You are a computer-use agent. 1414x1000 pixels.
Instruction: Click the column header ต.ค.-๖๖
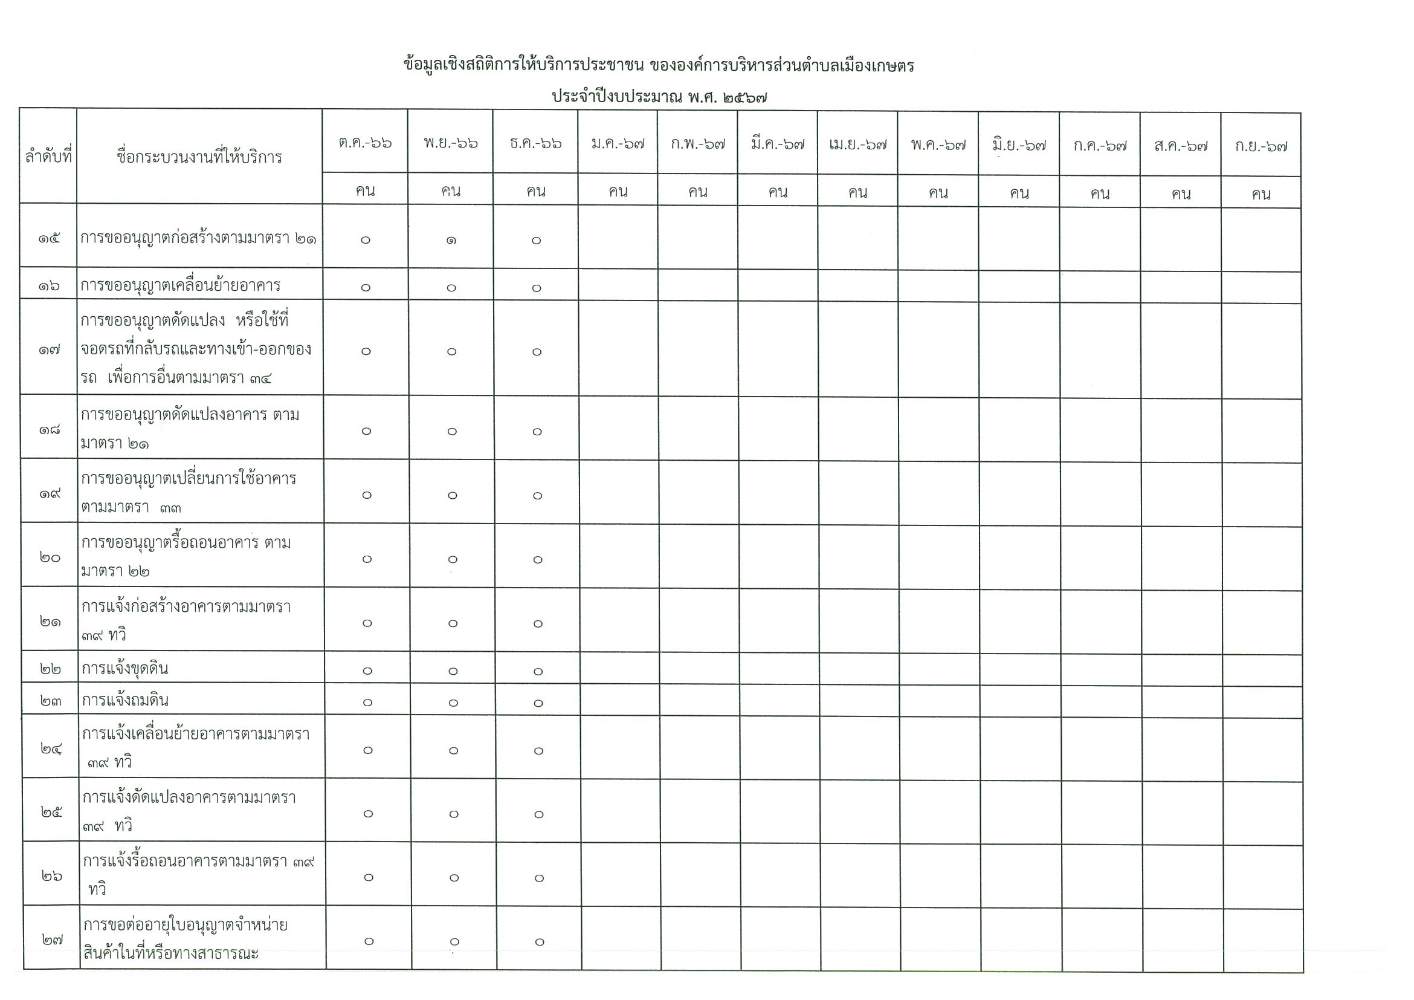(x=365, y=143)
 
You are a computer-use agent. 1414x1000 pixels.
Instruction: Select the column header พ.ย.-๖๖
(x=450, y=143)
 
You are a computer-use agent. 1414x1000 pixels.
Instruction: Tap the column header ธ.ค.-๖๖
(x=536, y=143)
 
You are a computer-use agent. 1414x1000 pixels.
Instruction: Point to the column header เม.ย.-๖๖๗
(x=858, y=146)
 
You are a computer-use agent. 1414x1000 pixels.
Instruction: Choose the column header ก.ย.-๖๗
(x=1261, y=147)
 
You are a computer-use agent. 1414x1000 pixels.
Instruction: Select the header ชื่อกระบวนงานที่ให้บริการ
(x=199, y=157)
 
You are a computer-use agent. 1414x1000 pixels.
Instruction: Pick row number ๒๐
(x=50, y=557)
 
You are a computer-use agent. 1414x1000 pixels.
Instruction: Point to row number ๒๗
(x=52, y=940)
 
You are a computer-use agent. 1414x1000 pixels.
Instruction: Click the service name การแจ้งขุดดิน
(x=125, y=669)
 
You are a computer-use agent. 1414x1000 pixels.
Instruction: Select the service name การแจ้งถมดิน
(x=125, y=700)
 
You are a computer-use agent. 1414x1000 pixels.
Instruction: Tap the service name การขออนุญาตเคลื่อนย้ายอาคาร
(x=181, y=285)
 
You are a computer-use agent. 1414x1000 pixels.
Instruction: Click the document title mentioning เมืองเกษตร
(x=658, y=65)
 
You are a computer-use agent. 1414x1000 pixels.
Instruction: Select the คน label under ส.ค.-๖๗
(x=1181, y=194)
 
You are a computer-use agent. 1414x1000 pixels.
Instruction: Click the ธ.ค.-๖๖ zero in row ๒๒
(x=538, y=671)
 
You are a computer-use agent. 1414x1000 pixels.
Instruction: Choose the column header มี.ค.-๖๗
(x=777, y=144)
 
